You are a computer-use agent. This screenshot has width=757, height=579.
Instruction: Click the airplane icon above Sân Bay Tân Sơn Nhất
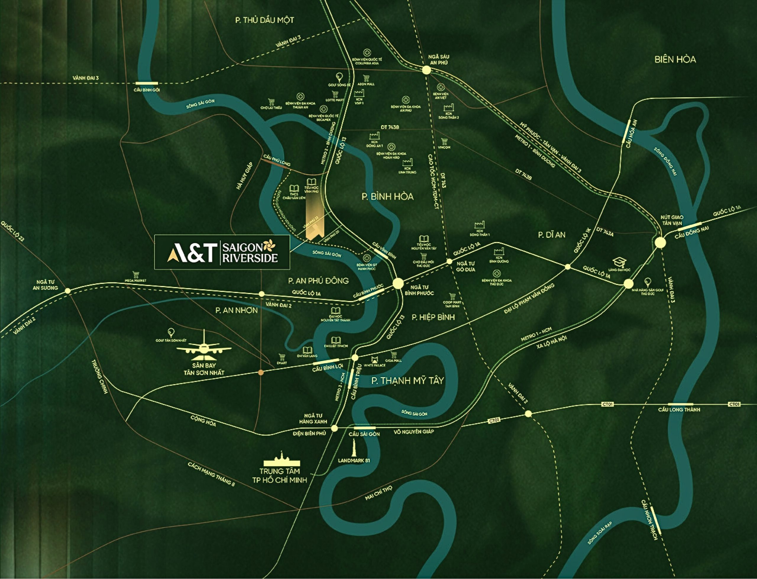pyautogui.click(x=204, y=346)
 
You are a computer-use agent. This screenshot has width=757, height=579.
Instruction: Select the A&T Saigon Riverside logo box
pyautogui.click(x=222, y=252)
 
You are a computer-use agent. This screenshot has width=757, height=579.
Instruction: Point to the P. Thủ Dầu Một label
pyautogui.click(x=264, y=20)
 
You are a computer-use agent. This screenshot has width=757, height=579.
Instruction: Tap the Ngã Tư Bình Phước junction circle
pyautogui.click(x=398, y=283)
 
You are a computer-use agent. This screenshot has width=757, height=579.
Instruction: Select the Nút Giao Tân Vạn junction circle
pyautogui.click(x=660, y=242)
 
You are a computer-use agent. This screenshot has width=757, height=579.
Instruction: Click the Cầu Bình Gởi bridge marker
pyautogui.click(x=147, y=83)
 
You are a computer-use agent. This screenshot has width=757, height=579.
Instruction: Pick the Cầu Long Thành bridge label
pyautogui.click(x=679, y=410)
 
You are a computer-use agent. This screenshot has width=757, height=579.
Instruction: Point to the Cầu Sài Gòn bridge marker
pyautogui.click(x=365, y=428)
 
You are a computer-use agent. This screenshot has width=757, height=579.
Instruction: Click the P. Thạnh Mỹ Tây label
pyautogui.click(x=407, y=381)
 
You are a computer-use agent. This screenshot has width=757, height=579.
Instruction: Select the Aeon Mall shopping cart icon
pyautogui.click(x=365, y=78)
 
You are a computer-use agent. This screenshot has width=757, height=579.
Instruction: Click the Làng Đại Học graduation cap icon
pyautogui.click(x=619, y=263)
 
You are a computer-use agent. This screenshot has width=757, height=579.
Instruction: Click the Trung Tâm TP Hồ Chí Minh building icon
pyautogui.click(x=282, y=460)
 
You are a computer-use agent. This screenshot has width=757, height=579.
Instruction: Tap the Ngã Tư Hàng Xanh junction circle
pyautogui.click(x=334, y=428)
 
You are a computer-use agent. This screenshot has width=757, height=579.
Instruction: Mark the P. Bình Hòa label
pyautogui.click(x=388, y=196)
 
